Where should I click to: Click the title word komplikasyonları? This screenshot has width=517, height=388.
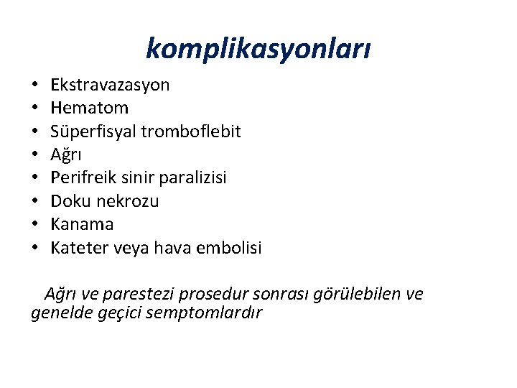coord(258,49)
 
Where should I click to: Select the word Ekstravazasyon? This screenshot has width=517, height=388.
coord(110,85)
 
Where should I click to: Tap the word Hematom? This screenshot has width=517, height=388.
coord(90,108)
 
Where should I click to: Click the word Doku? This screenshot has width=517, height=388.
coord(69,201)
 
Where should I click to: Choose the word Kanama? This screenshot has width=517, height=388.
coord(82,224)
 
